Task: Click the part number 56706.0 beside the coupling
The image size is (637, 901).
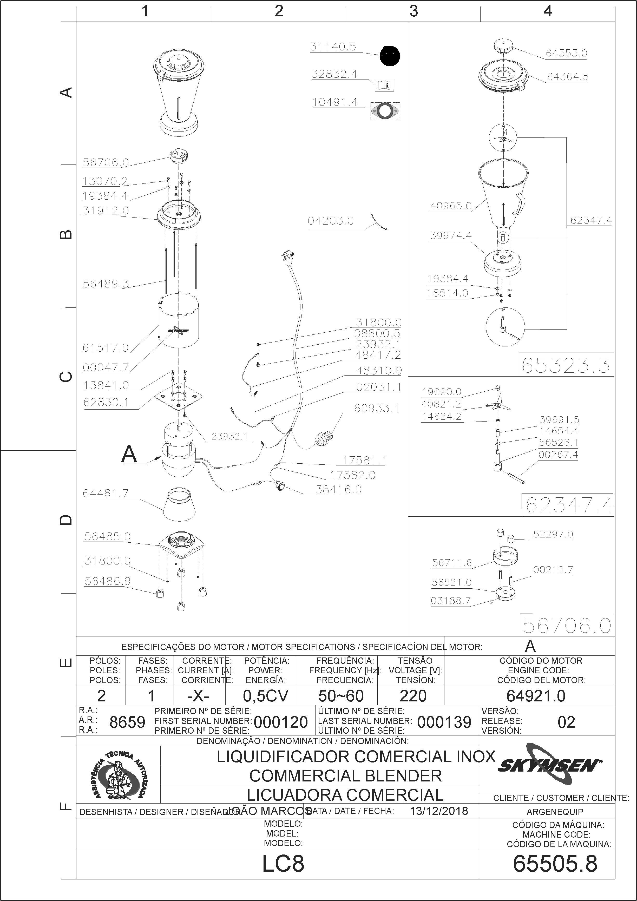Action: pos(106,162)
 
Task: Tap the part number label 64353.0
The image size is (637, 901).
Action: pos(566,53)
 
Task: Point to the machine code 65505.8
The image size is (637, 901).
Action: pos(555,864)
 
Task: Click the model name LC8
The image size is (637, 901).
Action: pos(283,864)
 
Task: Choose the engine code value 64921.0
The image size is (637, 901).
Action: pos(536,696)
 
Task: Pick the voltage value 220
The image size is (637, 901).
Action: pos(413,696)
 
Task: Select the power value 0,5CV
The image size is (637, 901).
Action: pos(266,696)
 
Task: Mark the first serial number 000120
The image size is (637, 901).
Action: pos(281,722)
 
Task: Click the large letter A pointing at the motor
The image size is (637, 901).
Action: pos(129,455)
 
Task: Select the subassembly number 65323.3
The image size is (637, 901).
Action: pos(566,366)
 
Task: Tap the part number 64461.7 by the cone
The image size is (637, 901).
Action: pos(106,493)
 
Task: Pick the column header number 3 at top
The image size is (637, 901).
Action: pos(414,11)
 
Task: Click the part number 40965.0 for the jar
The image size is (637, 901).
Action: pos(451,206)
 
